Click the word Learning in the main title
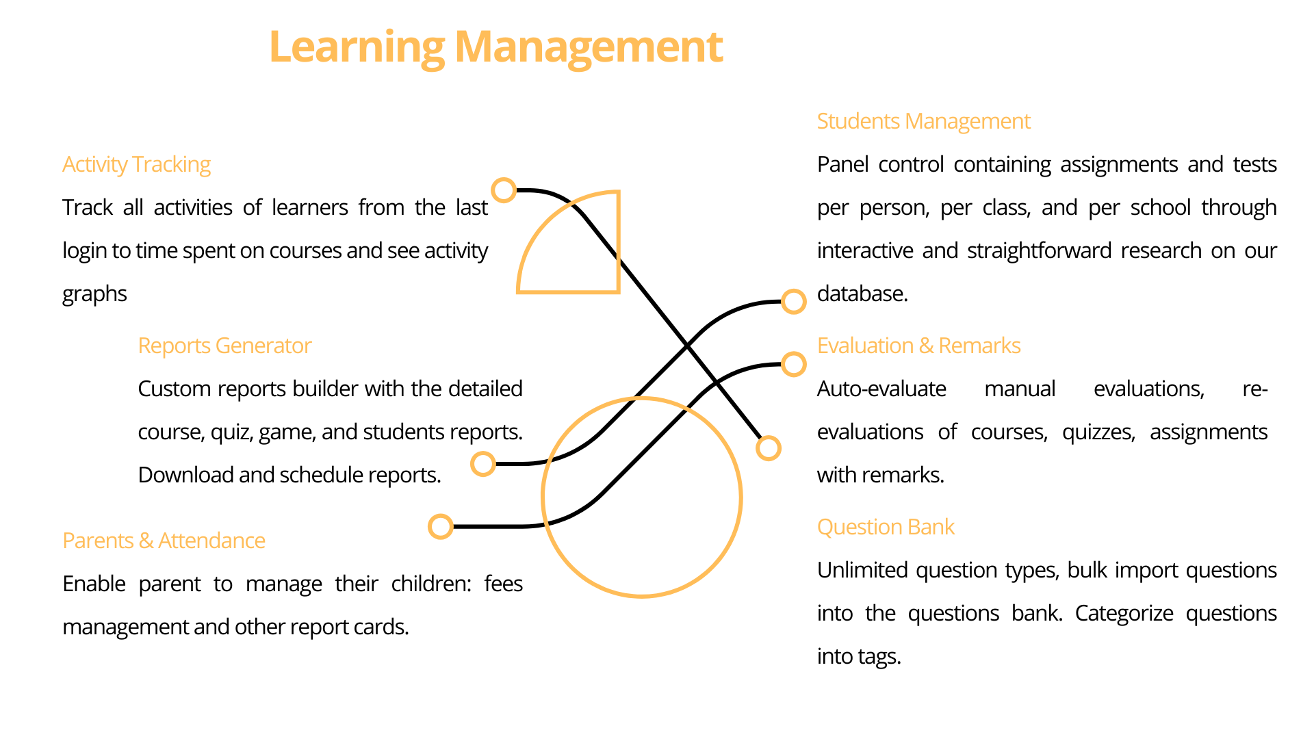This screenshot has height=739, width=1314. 357,48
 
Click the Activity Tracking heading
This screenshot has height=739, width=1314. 136,165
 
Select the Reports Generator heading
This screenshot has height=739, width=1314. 224,346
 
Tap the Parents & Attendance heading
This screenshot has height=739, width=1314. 164,541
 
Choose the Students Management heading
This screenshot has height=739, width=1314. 923,121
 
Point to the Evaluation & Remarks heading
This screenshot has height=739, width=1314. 918,346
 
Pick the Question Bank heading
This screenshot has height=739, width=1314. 886,527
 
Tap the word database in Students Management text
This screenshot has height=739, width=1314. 862,294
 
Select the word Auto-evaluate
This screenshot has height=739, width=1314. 881,389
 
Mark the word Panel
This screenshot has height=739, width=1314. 842,164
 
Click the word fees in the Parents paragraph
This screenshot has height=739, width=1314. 503,584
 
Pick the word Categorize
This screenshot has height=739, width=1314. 1124,614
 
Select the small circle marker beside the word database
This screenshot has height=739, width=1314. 793,301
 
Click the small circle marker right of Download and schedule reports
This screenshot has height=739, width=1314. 483,464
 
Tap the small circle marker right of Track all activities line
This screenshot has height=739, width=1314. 504,190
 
